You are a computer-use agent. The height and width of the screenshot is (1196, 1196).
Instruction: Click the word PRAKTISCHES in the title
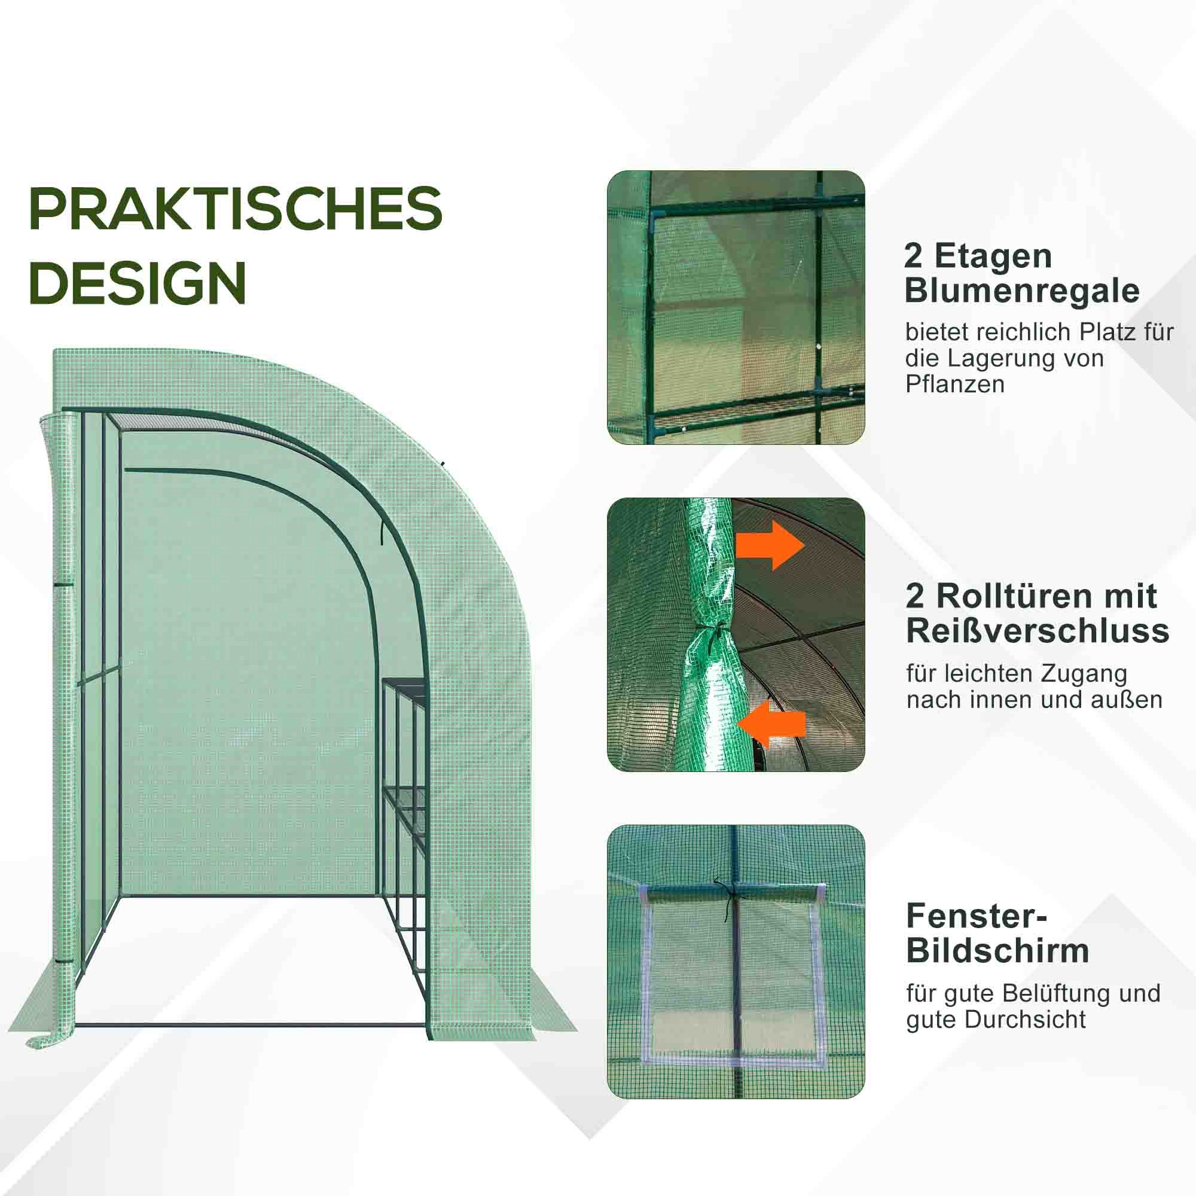pos(235,209)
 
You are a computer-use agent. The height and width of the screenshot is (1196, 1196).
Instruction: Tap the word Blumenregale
pos(1021,291)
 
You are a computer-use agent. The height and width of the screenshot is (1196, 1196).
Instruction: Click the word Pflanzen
pos(954,385)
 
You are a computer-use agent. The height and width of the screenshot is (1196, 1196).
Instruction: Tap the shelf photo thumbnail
pos(736,307)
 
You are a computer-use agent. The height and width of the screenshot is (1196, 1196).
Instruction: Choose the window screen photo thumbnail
pos(736,961)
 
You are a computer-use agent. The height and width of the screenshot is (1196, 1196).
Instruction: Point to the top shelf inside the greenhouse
pos(404,682)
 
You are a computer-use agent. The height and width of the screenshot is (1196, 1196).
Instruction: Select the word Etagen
pos(993,256)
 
